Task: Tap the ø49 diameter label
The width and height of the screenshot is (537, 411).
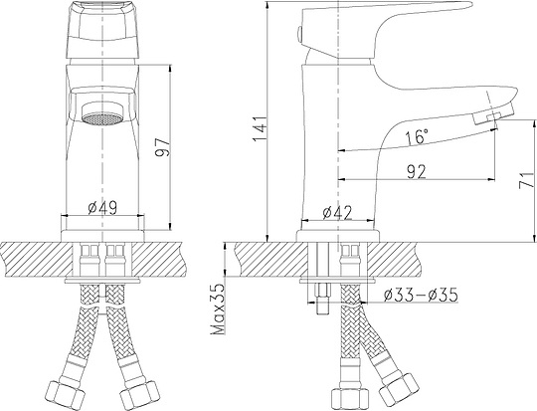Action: tap(103, 208)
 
